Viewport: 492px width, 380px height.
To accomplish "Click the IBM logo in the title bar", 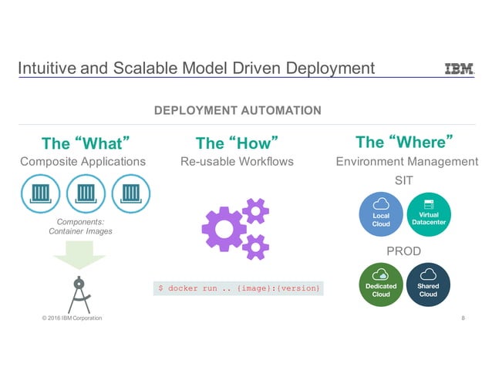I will [x=460, y=69].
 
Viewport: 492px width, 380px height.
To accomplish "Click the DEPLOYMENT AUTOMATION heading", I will [x=238, y=111].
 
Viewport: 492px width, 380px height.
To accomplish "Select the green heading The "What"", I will [x=84, y=143].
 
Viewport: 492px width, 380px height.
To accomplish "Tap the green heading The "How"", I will [x=236, y=143].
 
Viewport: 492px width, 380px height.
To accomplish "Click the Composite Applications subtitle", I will [x=83, y=162].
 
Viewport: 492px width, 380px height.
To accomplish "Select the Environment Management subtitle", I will [x=407, y=162].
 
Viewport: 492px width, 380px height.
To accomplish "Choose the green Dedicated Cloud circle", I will [x=381, y=284].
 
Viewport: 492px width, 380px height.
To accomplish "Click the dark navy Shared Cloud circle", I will [x=428, y=284].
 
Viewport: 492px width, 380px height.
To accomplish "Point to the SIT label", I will [x=405, y=180].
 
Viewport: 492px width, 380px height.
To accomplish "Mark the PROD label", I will [x=405, y=251].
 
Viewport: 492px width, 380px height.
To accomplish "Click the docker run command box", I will [x=238, y=288].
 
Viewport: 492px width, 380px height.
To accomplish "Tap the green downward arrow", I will [x=80, y=255].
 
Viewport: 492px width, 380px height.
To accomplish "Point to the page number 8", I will [x=463, y=318].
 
